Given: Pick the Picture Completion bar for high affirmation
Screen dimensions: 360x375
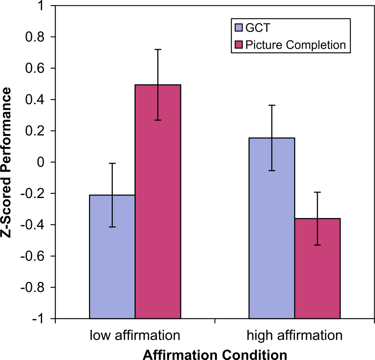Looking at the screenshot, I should point(317,268).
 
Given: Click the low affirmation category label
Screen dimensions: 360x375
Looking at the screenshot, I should point(134,336).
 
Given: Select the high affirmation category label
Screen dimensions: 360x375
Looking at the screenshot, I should point(294,336).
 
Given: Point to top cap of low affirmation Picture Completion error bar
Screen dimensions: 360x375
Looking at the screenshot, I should point(158,49).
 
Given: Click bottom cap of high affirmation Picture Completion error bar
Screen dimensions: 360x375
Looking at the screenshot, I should point(317,245).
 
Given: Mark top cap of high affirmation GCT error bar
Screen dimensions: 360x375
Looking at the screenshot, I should point(271,105).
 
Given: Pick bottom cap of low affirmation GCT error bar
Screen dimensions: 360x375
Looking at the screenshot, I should point(112,227).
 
